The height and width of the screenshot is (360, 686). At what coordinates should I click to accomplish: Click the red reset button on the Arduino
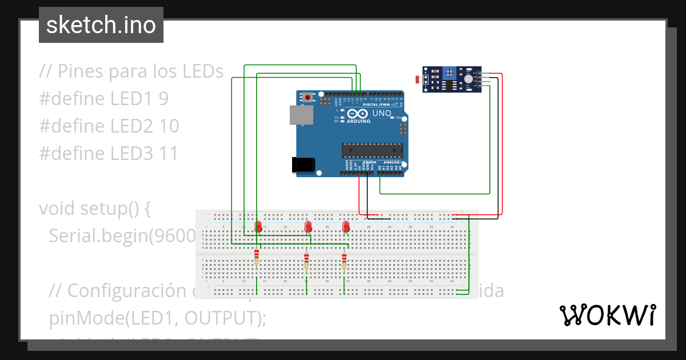[x=308, y=97]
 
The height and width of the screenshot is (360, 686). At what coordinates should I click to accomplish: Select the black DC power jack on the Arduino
[x=302, y=165]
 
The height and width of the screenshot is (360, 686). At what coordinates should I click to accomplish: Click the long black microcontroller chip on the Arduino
[x=373, y=150]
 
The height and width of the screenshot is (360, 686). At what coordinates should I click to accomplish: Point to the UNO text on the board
[x=381, y=114]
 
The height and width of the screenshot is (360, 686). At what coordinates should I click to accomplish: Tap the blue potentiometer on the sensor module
[x=451, y=73]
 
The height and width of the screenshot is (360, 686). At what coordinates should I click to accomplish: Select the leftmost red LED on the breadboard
[x=258, y=226]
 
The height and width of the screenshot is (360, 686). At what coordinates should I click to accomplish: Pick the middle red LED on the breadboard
[x=308, y=227]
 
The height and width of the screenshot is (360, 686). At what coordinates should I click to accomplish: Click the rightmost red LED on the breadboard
[x=346, y=227]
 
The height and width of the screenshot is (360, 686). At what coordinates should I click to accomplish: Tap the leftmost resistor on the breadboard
[x=256, y=257]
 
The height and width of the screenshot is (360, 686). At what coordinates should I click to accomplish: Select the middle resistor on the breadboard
[x=306, y=260]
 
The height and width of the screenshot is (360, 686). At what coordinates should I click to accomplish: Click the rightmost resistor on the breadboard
[x=344, y=260]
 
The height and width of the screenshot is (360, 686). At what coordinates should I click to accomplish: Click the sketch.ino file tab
[x=101, y=25]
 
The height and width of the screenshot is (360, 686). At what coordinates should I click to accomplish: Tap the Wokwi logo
[x=607, y=315]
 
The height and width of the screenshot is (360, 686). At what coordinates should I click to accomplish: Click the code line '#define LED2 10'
[x=109, y=126]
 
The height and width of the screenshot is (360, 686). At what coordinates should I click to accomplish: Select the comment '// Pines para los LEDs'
[x=131, y=71]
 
